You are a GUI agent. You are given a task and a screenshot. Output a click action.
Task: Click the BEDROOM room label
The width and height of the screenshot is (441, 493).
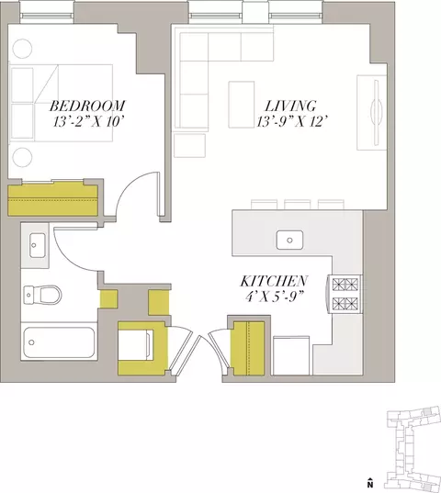point(87,106)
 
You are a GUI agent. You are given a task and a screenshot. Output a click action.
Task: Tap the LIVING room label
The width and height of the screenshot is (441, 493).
point(290,106)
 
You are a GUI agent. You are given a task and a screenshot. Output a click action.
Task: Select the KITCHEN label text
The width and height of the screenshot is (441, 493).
point(274,281)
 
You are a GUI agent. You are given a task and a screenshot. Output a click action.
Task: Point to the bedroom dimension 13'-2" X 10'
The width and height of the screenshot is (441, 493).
point(87,122)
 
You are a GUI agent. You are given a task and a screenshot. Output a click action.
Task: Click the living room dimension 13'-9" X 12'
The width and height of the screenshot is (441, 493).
point(290,122)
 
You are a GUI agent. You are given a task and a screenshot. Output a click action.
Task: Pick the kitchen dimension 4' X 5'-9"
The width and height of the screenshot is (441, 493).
point(274,297)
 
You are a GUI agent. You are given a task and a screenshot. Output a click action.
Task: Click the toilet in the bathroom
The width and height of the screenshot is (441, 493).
point(42,295)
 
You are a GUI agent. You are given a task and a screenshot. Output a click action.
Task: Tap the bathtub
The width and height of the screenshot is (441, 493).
point(59,342)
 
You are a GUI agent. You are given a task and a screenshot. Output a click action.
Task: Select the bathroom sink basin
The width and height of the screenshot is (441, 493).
point(37,245)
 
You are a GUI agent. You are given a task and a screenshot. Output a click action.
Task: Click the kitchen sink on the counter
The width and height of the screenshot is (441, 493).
point(289,240)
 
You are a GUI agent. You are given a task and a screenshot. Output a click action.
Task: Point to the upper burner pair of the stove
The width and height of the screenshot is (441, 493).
point(346,285)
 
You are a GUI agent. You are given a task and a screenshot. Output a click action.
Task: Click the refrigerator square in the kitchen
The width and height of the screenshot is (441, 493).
point(291,355)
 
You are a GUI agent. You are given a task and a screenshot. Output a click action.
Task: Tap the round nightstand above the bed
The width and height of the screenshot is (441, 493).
point(22,49)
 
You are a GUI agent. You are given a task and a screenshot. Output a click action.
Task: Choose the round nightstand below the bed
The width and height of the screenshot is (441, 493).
point(22,157)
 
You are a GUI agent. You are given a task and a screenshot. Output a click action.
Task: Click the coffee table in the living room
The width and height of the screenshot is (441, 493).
point(242,105)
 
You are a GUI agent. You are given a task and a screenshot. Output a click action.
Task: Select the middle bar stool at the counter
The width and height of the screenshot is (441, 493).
point(298,205)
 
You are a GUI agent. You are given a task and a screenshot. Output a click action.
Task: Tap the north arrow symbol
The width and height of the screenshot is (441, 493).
point(370,482)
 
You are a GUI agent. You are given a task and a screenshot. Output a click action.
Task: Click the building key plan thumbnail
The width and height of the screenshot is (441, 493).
point(413,447)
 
